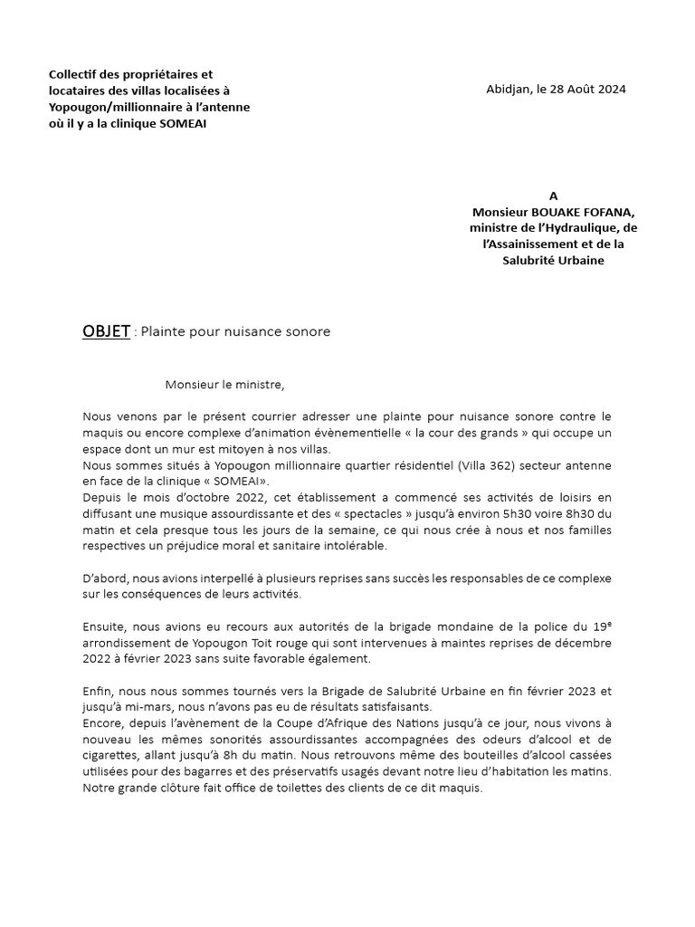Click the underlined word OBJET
[x=106, y=331]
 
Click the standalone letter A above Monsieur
[x=554, y=195]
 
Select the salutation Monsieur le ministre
[x=224, y=385]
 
